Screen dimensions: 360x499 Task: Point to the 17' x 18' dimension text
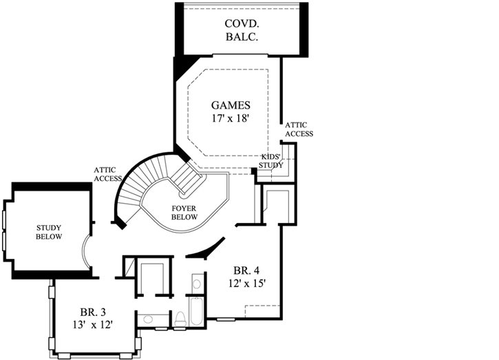coord(230,118)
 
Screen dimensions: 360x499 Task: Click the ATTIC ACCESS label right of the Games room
coord(299,129)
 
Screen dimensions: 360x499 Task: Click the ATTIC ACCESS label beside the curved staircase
coord(109,174)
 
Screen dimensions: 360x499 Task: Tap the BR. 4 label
coord(247,270)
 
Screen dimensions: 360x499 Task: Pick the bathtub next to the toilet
coord(196,312)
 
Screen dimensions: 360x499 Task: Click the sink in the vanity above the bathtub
coord(196,284)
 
